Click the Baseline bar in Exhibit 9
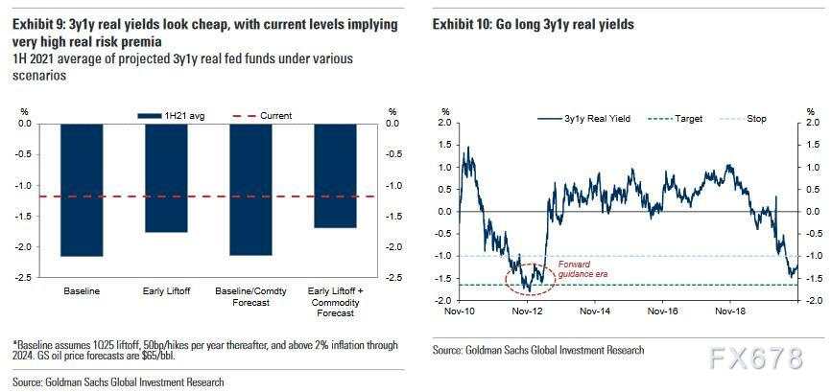(82, 190)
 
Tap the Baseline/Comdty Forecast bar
(250, 190)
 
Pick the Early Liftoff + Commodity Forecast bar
(335, 175)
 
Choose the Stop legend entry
(756, 119)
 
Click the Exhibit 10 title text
(533, 24)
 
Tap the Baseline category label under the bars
(82, 289)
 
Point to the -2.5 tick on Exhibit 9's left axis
(22, 278)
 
